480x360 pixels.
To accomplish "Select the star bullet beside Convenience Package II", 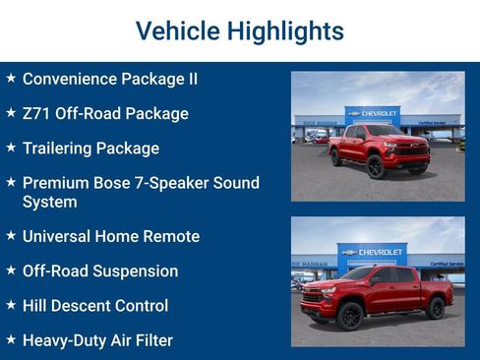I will (11, 78).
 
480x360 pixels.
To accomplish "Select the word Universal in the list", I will (61, 236).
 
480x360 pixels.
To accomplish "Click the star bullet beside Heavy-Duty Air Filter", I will (11, 340).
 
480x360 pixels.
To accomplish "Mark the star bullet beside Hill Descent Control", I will (11, 306).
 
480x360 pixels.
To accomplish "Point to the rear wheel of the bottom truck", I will (435, 309).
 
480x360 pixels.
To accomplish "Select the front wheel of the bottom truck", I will (349, 315).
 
